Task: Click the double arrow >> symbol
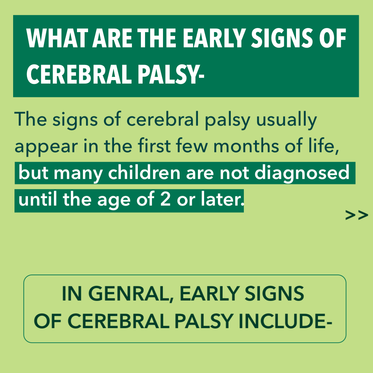(356, 215)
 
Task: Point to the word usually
(286, 120)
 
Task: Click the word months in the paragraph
(246, 145)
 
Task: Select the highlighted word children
(144, 172)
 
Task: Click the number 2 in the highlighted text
(165, 199)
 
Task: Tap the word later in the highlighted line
(223, 199)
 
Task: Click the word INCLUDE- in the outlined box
(285, 321)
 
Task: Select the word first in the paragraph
(154, 145)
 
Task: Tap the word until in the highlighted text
(38, 199)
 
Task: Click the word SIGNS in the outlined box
(274, 294)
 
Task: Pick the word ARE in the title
(112, 38)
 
